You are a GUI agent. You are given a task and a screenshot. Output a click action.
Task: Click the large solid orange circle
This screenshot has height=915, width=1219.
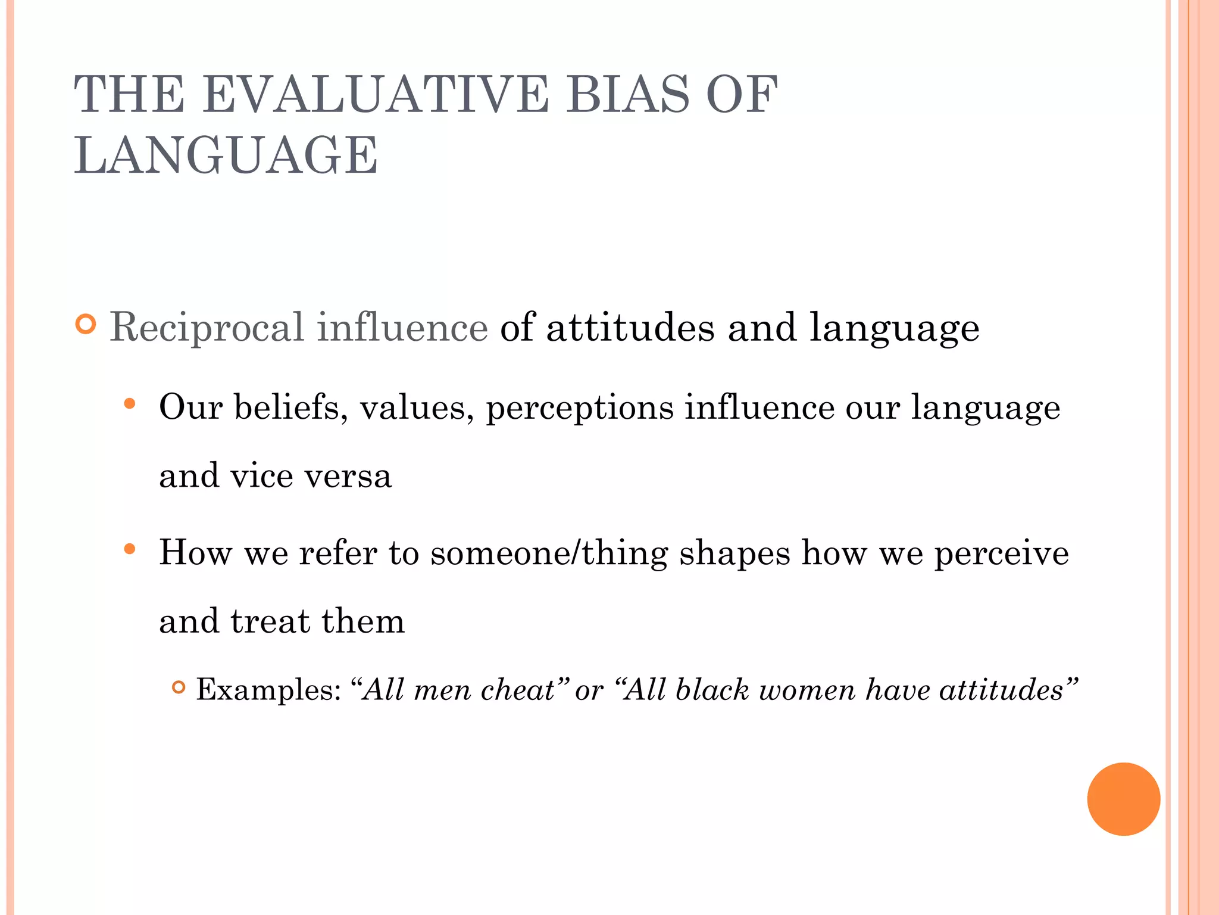[1123, 799]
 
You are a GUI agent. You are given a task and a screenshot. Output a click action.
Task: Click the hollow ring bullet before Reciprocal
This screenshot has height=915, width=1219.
[86, 325]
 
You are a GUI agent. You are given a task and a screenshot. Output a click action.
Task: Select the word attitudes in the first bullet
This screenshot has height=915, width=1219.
[630, 328]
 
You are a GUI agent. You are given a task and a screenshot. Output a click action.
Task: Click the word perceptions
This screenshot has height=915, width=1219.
[580, 409]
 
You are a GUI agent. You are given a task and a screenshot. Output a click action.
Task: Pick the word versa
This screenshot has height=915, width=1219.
[348, 476]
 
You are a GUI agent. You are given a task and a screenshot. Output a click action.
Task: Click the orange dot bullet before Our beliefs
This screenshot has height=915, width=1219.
[130, 404]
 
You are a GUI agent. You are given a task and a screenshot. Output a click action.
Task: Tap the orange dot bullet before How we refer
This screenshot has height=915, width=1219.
[130, 549]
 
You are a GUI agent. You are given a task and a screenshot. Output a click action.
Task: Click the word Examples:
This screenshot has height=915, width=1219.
[268, 690]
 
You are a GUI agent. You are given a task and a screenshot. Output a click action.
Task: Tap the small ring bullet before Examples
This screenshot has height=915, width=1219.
[178, 687]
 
